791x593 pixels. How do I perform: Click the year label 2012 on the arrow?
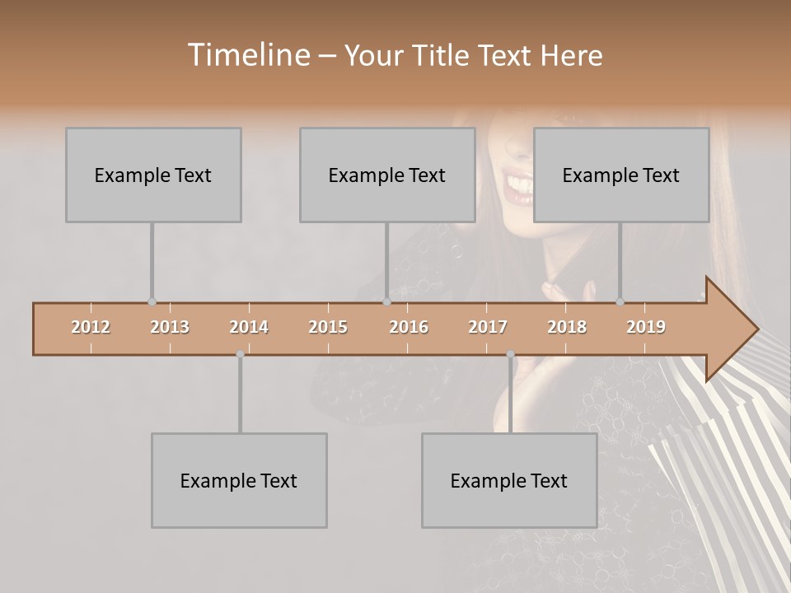click(91, 327)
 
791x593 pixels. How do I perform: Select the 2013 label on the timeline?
click(170, 327)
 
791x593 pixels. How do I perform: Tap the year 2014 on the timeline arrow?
click(249, 327)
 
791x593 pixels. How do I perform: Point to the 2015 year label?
click(328, 327)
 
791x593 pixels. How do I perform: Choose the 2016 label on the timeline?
click(409, 327)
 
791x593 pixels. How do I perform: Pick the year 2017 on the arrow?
click(488, 327)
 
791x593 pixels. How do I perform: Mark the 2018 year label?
click(567, 327)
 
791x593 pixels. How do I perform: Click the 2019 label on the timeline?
click(646, 327)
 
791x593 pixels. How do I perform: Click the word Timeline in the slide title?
click(247, 55)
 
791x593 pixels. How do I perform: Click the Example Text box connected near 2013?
click(153, 175)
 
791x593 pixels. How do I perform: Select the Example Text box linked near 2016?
click(387, 175)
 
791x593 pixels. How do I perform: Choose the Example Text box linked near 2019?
click(621, 175)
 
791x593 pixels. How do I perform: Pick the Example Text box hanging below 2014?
click(239, 480)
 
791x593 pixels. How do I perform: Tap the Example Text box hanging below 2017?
click(509, 480)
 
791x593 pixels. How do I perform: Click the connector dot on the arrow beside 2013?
click(152, 302)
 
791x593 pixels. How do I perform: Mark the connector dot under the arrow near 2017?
click(510, 354)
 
